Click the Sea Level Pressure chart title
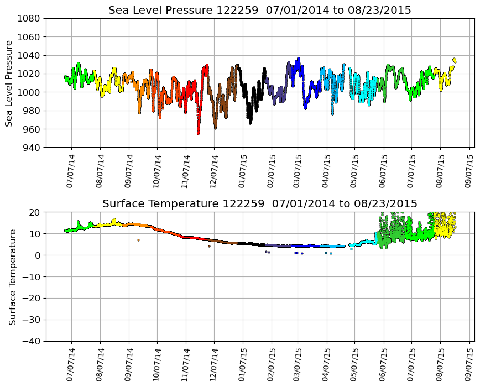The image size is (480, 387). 259,11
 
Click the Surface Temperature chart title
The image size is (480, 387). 259,204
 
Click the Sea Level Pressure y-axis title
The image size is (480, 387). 9,83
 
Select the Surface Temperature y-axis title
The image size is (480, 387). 12,276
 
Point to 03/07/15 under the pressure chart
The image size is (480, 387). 297,171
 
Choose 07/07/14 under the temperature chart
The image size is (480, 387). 70,365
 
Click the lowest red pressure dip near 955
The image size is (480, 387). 199,133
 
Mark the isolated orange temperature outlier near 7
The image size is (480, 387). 138,240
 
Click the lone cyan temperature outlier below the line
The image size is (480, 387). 351,249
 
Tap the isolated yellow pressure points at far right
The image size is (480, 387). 455,60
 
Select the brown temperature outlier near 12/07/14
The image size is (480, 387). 209,246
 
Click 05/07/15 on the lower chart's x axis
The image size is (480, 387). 354,365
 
